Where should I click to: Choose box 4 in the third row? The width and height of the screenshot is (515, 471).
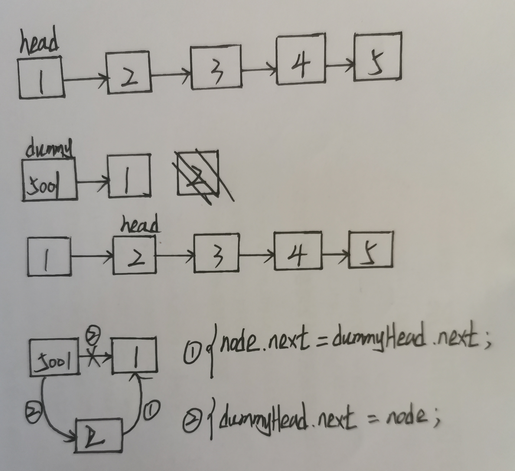click(x=297, y=250)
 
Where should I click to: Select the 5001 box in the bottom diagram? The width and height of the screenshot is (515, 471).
click(x=54, y=357)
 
